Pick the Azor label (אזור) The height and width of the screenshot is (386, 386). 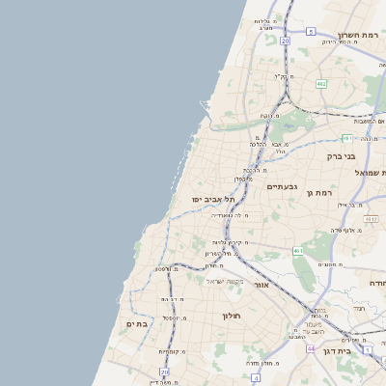point(261,285)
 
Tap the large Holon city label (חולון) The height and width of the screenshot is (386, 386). point(231,316)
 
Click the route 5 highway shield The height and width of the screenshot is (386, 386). point(311,32)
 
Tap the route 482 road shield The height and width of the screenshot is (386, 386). point(321,85)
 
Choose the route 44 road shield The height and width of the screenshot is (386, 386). point(311,347)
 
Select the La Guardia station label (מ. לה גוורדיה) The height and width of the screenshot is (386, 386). point(232,215)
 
